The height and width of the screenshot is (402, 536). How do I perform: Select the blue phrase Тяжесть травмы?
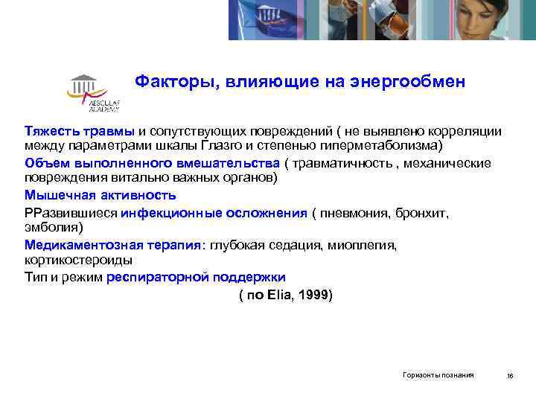80,131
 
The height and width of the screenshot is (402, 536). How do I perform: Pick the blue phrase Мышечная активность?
100,196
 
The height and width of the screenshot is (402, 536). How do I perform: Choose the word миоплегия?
367,244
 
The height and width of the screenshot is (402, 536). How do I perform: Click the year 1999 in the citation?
313,296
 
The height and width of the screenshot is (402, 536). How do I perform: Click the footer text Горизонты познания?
438,375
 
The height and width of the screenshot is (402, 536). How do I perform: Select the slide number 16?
510,376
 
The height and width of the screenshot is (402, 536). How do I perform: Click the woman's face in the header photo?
493,19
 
